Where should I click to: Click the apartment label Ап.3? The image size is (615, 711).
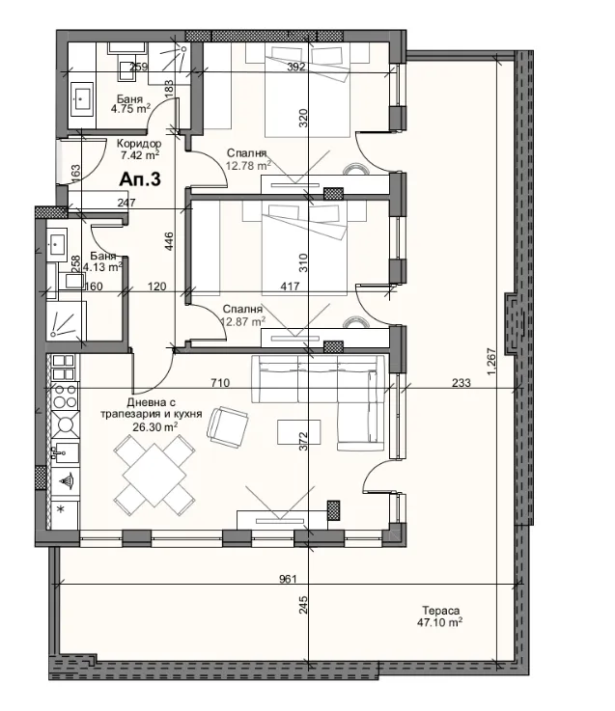(140, 178)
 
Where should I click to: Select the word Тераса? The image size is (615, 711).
(439, 611)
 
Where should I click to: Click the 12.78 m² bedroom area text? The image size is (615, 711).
(247, 165)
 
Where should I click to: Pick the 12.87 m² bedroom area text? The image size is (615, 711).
(243, 322)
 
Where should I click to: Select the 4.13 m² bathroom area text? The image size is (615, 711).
(101, 267)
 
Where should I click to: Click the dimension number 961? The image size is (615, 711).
(286, 579)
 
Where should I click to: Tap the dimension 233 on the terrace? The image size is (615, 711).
(461, 383)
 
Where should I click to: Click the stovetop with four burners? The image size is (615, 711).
(64, 397)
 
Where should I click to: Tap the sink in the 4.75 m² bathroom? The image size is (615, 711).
(82, 98)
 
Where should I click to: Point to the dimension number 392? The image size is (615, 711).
(295, 67)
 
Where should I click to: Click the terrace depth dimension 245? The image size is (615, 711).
(303, 606)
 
